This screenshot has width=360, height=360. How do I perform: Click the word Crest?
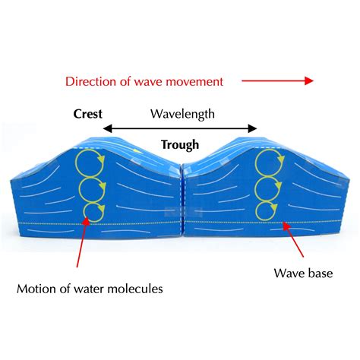pyautogui.click(x=88, y=114)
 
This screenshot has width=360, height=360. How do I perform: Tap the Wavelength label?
pyautogui.click(x=182, y=114)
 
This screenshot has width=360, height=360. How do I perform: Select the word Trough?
pyautogui.click(x=180, y=144)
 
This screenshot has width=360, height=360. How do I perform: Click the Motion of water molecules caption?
pyautogui.click(x=90, y=289)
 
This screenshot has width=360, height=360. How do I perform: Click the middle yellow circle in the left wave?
pyautogui.click(x=91, y=187)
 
